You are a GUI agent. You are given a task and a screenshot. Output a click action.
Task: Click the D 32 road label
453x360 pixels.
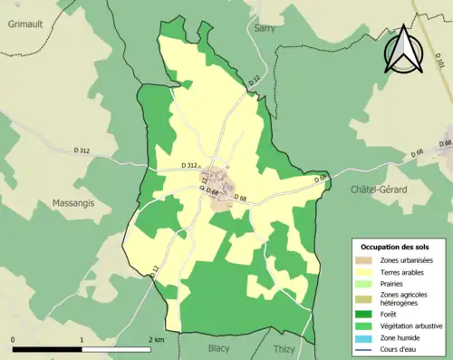[254, 83]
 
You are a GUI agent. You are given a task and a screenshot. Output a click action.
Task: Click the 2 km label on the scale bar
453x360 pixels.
[158, 339]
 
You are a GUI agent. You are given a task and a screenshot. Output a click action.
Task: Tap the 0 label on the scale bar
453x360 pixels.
[14, 339]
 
